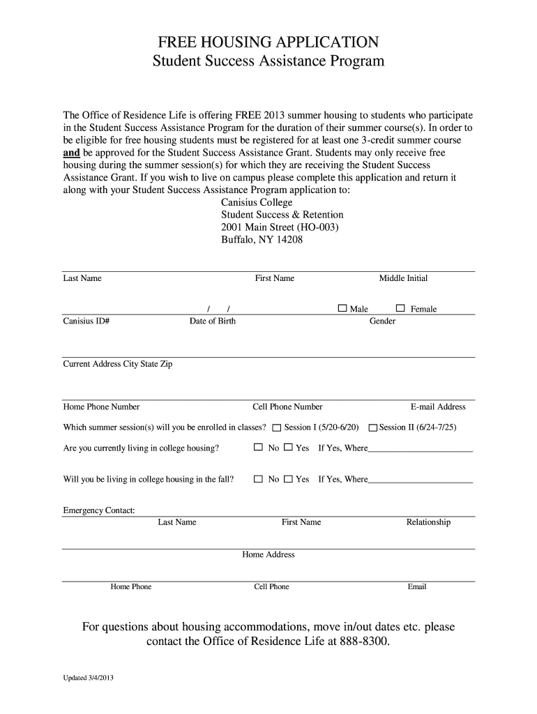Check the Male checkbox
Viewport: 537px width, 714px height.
(x=342, y=308)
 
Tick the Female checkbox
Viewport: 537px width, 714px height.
(x=400, y=308)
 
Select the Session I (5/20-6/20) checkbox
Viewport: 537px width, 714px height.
(x=277, y=427)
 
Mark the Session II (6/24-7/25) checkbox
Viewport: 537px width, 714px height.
(x=373, y=427)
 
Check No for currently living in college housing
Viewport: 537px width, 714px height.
(x=259, y=448)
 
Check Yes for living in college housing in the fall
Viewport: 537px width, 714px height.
(x=288, y=479)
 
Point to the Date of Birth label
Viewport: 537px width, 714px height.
(x=213, y=321)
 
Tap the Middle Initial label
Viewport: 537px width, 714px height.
(x=403, y=278)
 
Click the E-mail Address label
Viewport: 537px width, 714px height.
(x=438, y=407)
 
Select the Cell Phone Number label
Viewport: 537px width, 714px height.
(x=287, y=407)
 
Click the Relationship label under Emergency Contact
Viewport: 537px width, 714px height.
(x=428, y=522)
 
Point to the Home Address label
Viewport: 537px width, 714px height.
(x=268, y=554)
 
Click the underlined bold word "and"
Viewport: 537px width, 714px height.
(x=72, y=153)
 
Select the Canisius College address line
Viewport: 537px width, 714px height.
(x=257, y=202)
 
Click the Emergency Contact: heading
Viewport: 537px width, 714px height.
(x=99, y=510)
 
